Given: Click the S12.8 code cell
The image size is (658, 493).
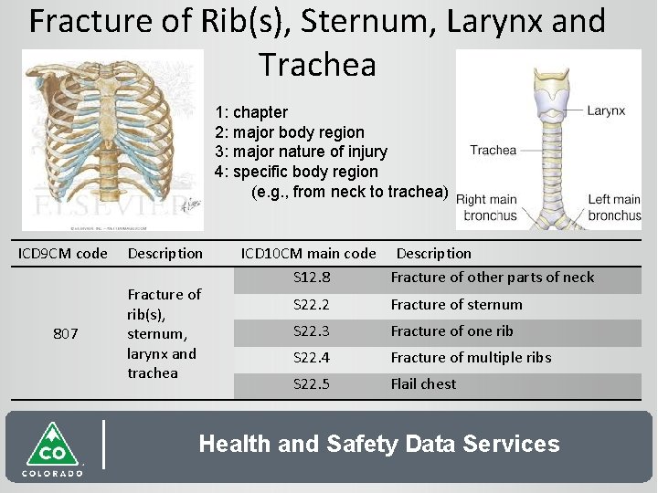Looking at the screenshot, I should (312, 278).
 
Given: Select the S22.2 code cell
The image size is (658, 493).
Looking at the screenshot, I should (312, 305).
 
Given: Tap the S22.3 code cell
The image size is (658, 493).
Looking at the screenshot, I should (312, 331).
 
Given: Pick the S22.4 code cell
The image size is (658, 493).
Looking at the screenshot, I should (312, 358).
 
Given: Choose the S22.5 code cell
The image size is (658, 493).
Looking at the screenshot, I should (312, 384).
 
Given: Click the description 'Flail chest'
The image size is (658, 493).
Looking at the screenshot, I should (423, 384).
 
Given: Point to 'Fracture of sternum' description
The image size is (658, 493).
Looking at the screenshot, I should (457, 305).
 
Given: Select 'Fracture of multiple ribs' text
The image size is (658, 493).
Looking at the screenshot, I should (471, 358).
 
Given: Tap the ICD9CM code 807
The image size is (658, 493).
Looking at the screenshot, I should (65, 334).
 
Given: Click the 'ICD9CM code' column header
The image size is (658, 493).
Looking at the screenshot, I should (63, 254).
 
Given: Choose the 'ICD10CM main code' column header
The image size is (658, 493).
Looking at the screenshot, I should (308, 254).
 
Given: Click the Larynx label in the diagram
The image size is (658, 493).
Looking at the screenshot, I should (606, 110).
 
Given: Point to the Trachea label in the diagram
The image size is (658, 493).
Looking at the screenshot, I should (493, 150).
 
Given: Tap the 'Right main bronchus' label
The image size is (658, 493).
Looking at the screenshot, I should (486, 207).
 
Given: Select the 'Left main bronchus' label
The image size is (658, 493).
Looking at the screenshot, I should (614, 207).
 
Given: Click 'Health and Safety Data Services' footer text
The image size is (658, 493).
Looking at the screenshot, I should (379, 445).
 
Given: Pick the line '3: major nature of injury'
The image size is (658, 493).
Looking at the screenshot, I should (301, 152).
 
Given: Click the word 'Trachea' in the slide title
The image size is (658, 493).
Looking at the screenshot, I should (317, 65).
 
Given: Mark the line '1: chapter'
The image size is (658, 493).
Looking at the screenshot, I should (251, 112).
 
